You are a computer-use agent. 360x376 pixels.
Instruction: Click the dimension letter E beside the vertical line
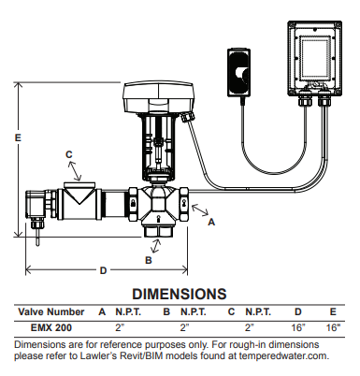pyautogui.click(x=18, y=137)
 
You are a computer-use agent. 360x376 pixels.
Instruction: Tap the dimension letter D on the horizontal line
pyautogui.click(x=103, y=270)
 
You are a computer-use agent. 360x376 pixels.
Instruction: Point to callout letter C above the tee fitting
pyautogui.click(x=69, y=154)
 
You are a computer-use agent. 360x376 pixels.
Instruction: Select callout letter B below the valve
pyautogui.click(x=149, y=260)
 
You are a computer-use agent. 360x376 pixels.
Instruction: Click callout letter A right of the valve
pyautogui.click(x=211, y=222)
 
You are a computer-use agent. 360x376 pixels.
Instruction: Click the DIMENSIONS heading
pyautogui.click(x=180, y=294)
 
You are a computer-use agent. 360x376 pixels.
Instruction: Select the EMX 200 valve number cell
pyautogui.click(x=51, y=327)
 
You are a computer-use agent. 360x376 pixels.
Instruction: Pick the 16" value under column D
pyautogui.click(x=298, y=327)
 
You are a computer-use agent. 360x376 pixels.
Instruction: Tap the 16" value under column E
pyautogui.click(x=333, y=327)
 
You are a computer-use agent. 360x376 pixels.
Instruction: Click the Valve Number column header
pyautogui.click(x=51, y=311)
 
